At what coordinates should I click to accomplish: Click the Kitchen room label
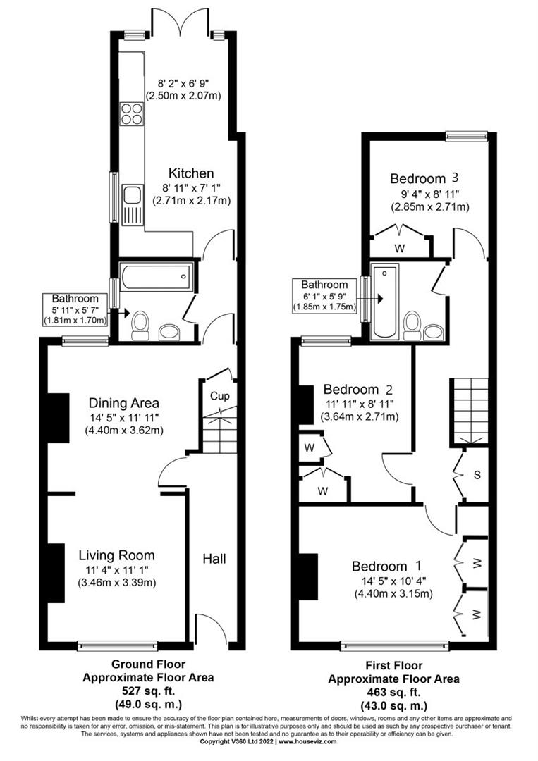(191, 173)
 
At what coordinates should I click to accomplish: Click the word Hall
(214, 559)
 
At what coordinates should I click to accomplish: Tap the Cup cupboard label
(219, 396)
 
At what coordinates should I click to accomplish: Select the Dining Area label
(123, 403)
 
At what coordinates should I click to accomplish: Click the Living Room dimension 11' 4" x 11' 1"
(116, 569)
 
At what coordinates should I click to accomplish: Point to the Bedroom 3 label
(420, 178)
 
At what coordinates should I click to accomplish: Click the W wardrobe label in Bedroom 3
(399, 247)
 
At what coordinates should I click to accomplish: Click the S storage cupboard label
(477, 475)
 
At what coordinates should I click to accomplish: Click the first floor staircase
(466, 409)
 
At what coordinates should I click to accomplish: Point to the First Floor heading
(393, 665)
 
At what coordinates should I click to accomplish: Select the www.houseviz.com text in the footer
(307, 741)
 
